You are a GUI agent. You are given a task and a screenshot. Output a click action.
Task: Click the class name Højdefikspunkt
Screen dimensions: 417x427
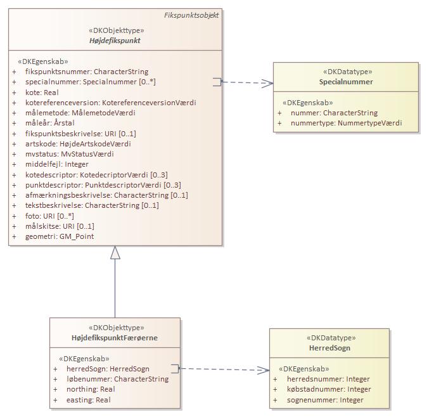115,41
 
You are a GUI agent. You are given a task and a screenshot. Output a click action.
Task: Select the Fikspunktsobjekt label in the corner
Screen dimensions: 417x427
191,15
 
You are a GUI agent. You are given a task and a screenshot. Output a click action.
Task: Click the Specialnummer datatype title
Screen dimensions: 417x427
346,82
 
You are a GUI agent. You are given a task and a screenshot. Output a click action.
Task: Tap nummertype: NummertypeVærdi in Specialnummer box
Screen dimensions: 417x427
346,123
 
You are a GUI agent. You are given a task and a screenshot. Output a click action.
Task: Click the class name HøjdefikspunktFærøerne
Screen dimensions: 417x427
115,338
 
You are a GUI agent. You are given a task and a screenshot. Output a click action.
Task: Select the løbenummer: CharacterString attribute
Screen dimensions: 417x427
117,379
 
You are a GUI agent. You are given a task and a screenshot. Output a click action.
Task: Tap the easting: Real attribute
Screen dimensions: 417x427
88,400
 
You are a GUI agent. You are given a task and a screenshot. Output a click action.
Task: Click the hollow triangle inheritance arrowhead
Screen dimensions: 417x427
115,253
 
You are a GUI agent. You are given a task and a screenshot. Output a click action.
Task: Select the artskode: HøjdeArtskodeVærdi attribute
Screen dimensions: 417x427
78,144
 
